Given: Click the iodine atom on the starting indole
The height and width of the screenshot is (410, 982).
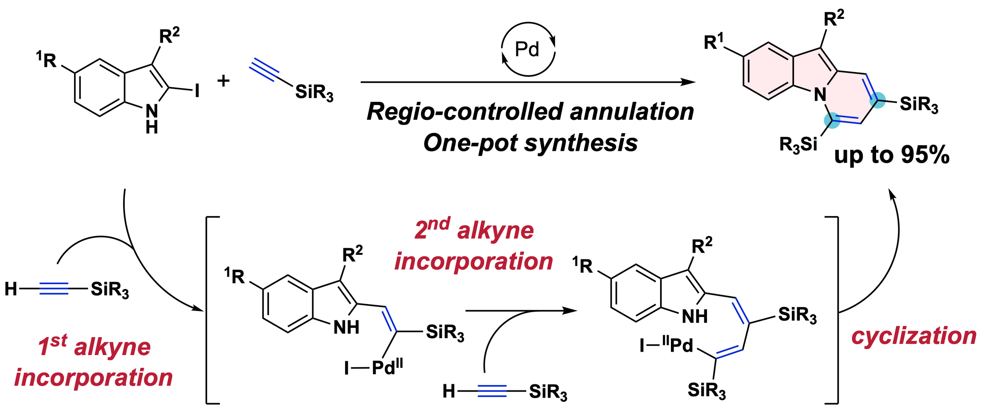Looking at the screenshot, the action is (197, 91).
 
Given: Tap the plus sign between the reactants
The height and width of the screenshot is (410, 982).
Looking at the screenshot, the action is (223, 81).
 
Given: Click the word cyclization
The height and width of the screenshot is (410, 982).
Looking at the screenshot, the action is (913, 336).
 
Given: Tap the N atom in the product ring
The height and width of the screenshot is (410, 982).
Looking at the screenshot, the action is (820, 94).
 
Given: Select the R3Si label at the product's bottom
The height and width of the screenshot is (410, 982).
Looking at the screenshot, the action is (798, 145).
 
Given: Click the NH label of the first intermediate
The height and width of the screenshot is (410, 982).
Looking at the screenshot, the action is (346, 327).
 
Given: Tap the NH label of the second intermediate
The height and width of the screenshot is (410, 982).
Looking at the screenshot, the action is (695, 316).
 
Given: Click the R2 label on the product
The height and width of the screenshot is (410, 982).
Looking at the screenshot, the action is (834, 18).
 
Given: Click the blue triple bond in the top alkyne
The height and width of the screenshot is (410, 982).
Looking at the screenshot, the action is (264, 69).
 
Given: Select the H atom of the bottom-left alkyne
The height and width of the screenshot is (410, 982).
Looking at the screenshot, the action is (11, 289).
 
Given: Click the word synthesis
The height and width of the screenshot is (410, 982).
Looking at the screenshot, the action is (581, 144).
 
